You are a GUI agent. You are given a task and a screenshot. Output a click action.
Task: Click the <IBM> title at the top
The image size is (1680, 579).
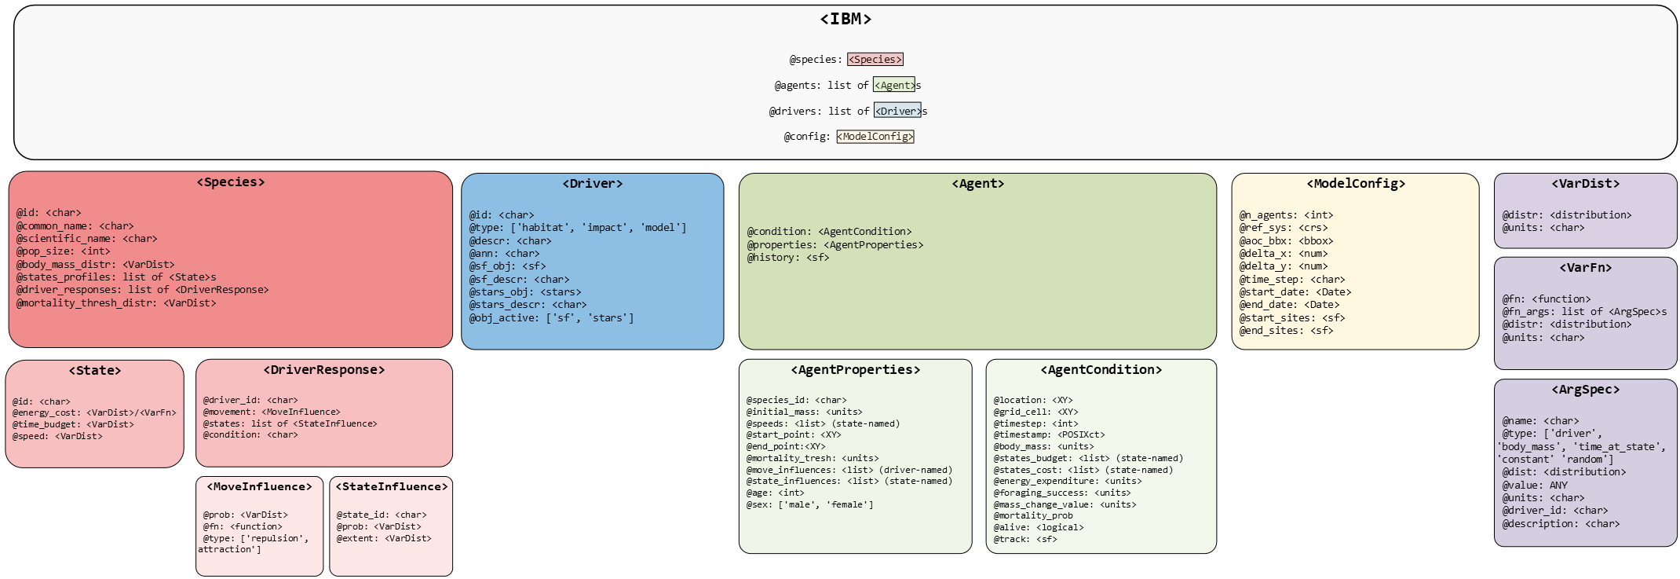coord(845,19)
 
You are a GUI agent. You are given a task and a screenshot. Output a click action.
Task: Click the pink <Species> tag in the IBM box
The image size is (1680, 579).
coord(875,60)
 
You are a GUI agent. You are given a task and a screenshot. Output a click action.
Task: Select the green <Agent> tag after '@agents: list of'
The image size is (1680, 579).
coord(893,85)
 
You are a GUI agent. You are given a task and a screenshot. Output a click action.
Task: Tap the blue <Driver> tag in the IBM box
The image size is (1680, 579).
coord(897,111)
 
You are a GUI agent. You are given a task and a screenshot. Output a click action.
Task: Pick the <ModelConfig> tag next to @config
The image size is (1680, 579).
coord(875,137)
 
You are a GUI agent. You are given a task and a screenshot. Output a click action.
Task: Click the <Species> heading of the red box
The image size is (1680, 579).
coord(231,182)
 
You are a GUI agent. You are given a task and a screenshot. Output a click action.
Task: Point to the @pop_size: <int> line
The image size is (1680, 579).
coord(63,251)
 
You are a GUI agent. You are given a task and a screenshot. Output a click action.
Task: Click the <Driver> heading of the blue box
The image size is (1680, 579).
coord(592,184)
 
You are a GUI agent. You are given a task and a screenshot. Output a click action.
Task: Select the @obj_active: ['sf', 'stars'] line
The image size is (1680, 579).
coord(551,318)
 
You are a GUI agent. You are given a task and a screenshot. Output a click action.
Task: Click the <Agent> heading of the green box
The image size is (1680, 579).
coord(977,184)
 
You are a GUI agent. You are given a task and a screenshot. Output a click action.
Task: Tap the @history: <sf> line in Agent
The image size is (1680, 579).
coord(787,258)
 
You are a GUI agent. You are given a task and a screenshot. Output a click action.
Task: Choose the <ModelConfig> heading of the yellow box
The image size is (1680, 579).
coord(1356,184)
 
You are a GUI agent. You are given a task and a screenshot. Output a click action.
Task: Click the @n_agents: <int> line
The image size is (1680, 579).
coord(1286,215)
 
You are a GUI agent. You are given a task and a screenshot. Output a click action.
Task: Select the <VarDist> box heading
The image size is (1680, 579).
coord(1585,184)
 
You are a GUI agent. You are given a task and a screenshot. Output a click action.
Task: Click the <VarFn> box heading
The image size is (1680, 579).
coord(1585,268)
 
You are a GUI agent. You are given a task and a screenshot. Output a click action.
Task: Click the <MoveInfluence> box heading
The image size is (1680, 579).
coord(259,487)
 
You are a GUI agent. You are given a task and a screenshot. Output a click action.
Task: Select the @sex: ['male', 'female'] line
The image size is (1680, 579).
coord(809,505)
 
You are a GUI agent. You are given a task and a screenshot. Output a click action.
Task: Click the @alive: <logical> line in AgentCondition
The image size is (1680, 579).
coord(1038,528)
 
